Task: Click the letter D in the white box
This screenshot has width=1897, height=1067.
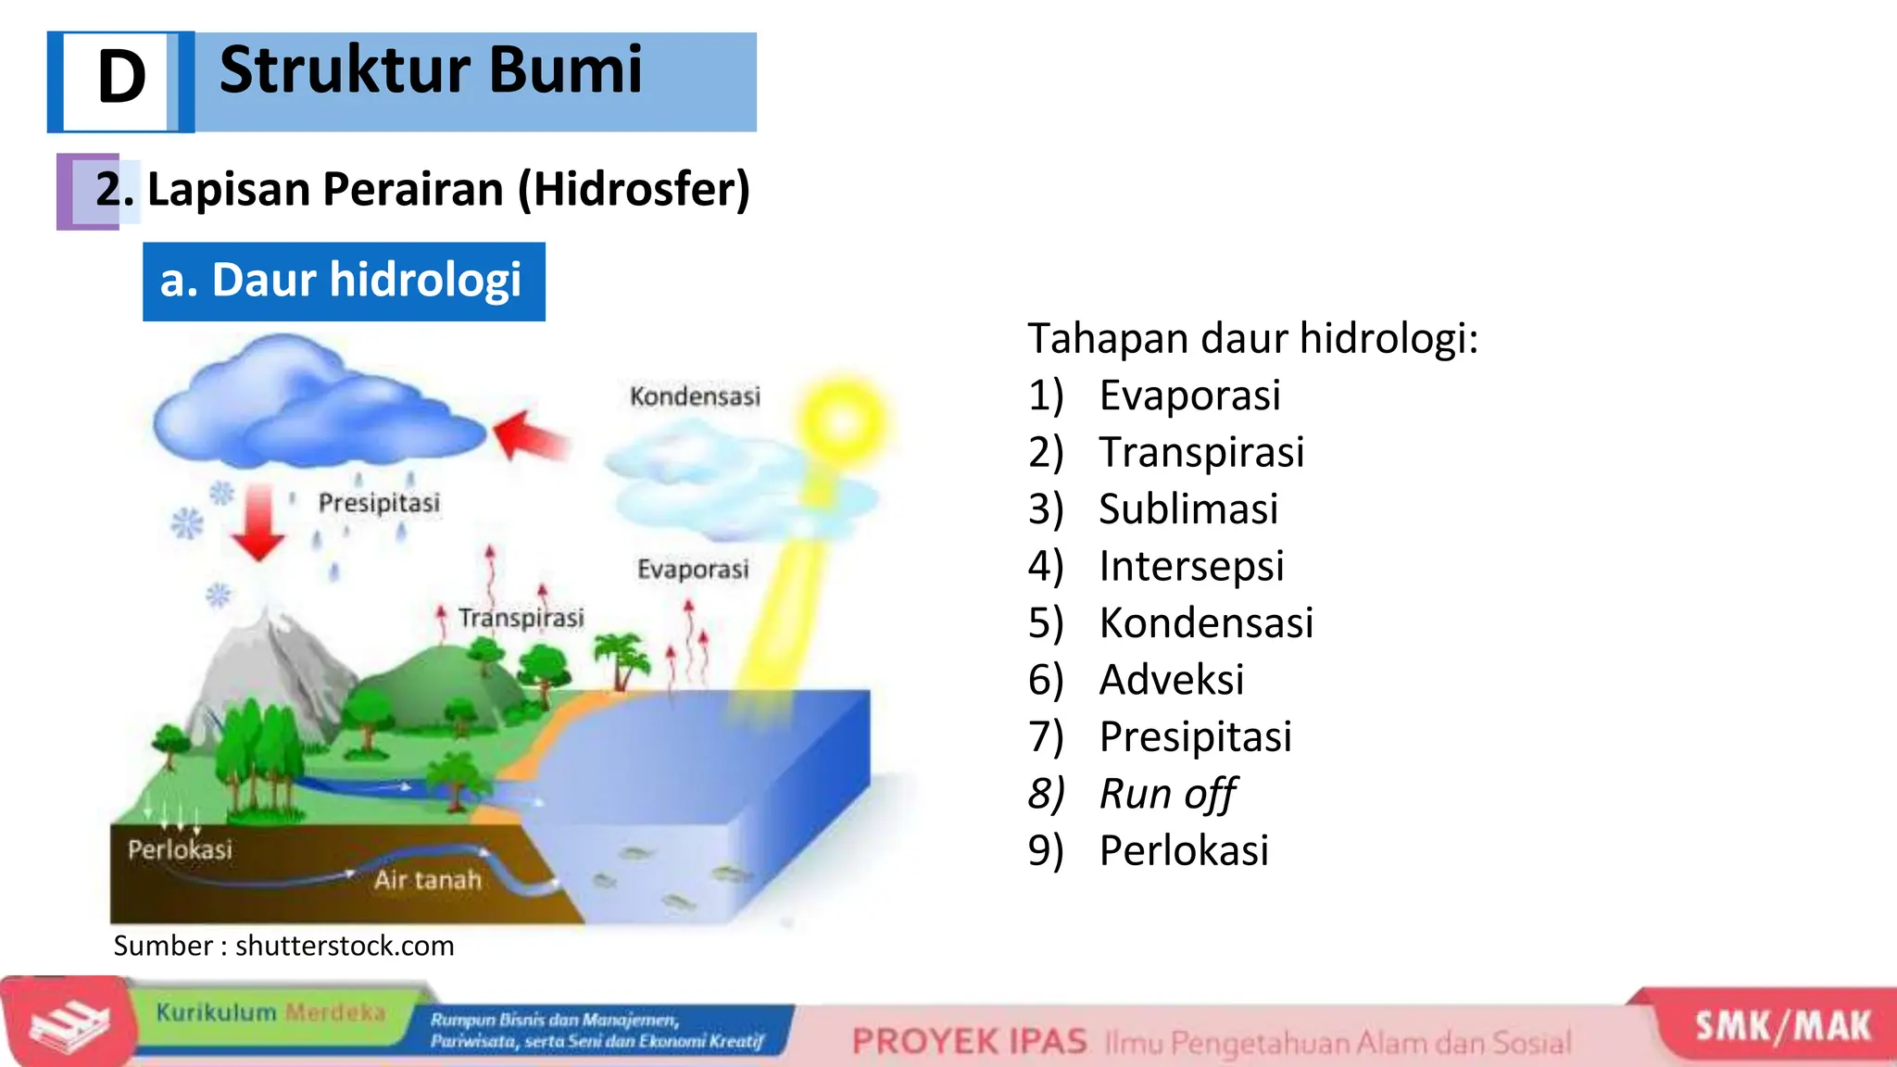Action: tap(121, 78)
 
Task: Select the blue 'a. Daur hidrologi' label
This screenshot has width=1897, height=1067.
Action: tap(343, 282)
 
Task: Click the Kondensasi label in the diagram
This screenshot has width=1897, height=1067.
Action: tap(695, 396)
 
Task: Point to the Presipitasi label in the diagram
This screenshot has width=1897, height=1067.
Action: tap(379, 503)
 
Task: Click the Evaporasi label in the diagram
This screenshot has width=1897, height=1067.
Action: tap(693, 569)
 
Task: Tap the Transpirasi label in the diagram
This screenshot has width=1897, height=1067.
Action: tap(521, 618)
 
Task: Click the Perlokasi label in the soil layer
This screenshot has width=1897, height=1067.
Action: tap(180, 849)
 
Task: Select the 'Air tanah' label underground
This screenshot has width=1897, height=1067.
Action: tap(428, 879)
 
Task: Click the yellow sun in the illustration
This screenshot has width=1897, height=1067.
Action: tap(841, 421)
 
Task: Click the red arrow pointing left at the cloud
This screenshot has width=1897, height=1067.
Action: tap(530, 435)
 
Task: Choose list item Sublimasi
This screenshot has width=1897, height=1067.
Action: tap(1188, 509)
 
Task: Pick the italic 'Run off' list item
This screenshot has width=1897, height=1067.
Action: tap(1167, 794)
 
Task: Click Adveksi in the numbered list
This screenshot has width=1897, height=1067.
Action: tap(1172, 680)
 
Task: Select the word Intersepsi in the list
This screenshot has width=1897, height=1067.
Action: tap(1191, 566)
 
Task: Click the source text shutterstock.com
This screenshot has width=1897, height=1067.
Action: tap(345, 946)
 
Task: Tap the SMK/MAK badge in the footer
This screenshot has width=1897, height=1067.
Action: tap(1782, 1027)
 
